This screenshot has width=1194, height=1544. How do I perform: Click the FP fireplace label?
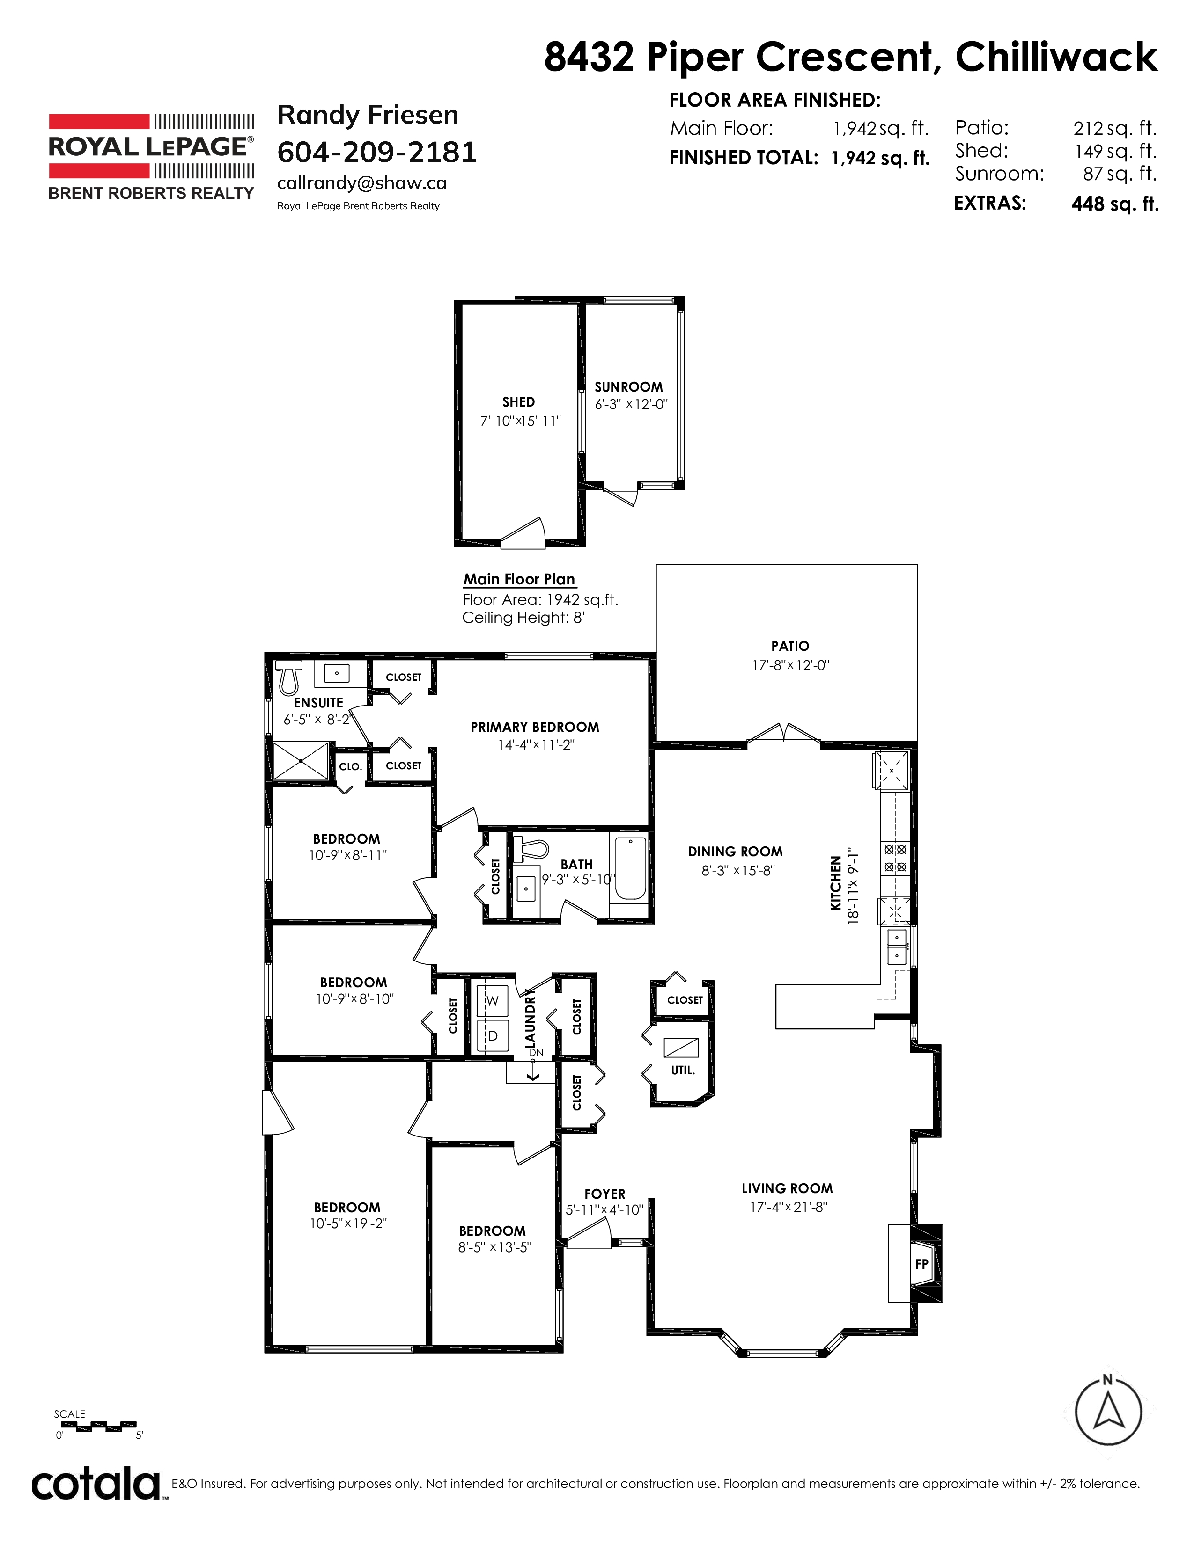click(921, 1263)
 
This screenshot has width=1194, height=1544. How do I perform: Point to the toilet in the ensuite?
click(288, 677)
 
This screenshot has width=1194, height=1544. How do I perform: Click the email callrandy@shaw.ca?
click(361, 183)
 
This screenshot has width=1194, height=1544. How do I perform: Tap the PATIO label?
click(790, 646)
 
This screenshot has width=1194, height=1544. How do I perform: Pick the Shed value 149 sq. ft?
click(1115, 151)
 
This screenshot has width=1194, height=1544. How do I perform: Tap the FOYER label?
click(605, 1194)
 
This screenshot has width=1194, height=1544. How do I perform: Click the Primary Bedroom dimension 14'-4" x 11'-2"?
click(536, 744)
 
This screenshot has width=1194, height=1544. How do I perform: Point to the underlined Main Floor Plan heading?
click(519, 580)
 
